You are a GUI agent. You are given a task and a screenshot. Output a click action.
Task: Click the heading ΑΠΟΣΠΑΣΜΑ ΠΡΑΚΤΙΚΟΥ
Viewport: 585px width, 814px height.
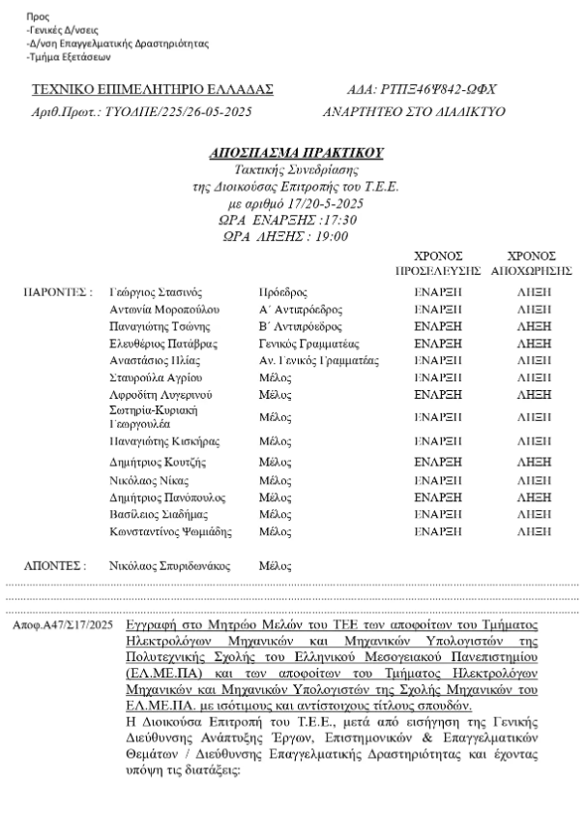[x=297, y=153]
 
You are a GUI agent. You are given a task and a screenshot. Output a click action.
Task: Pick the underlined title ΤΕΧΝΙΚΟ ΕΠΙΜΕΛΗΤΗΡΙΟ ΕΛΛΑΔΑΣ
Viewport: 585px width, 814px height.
[x=153, y=90]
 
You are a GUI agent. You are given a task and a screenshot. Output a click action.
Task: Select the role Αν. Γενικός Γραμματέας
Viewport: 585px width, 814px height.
[x=320, y=360]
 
